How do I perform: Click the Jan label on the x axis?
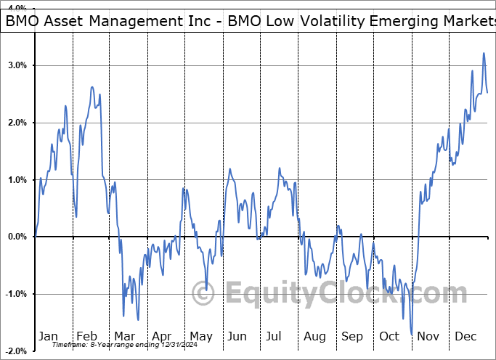tap(48, 336)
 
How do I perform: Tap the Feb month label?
tap(86, 336)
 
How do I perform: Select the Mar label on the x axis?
tap(124, 336)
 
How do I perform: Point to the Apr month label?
tap(162, 336)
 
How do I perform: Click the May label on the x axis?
tap(200, 336)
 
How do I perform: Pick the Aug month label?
tap(314, 336)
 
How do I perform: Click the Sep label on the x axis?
tap(352, 336)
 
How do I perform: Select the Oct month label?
tap(389, 336)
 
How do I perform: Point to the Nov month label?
tap(428, 336)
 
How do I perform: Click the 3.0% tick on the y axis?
tap(17, 65)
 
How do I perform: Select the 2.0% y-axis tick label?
tap(17, 123)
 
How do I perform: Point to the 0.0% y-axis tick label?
tap(17, 237)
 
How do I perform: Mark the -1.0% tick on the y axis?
tap(16, 294)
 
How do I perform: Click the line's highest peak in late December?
tap(484, 53)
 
